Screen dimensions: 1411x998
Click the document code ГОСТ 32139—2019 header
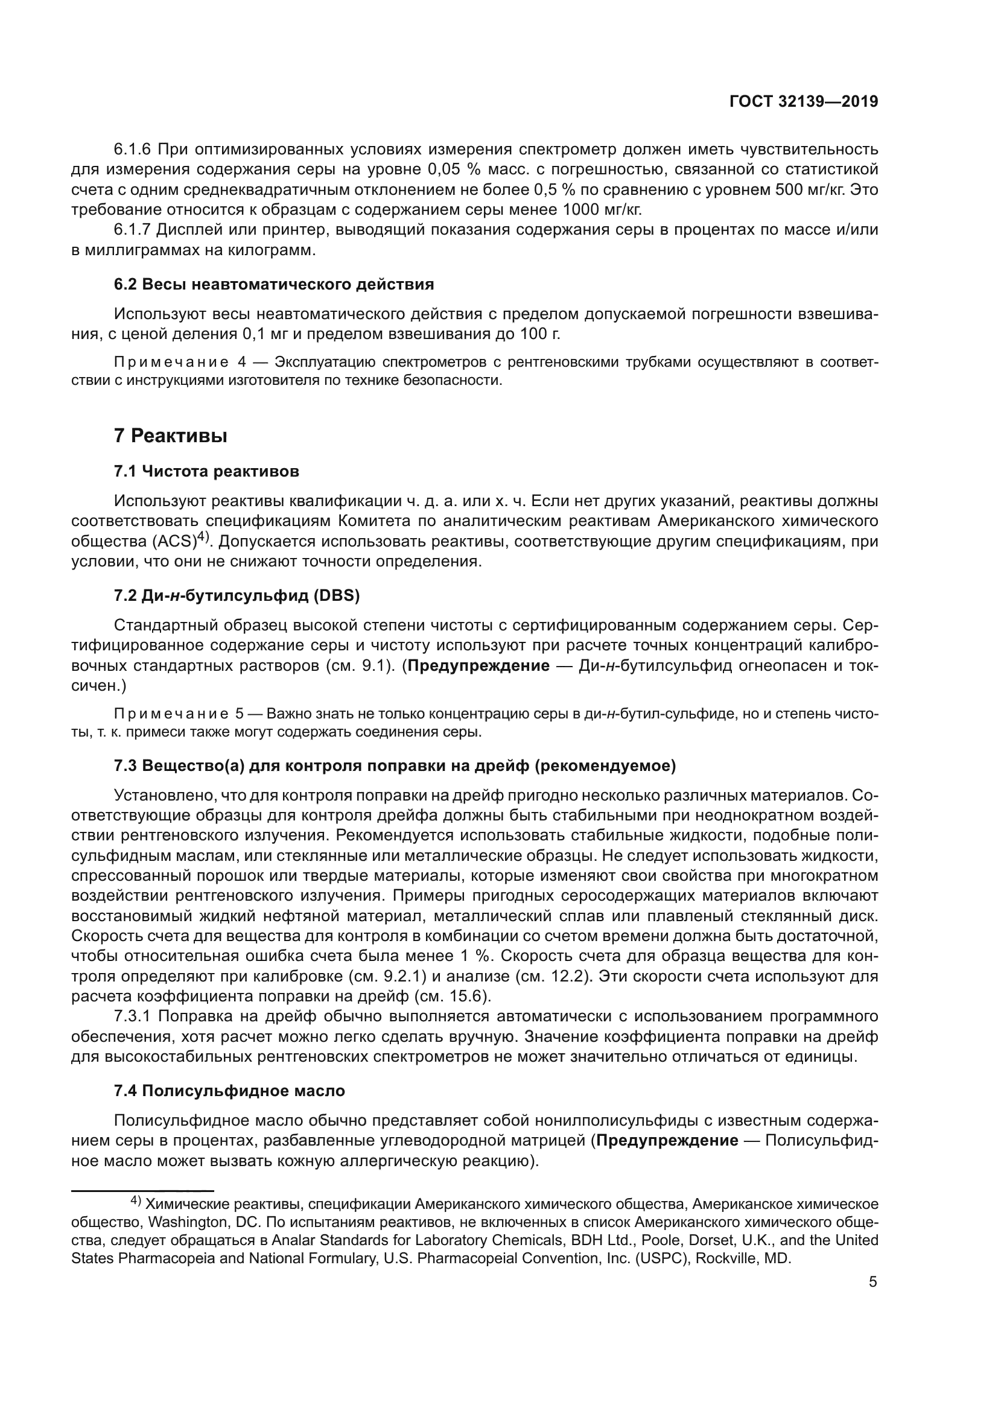803,102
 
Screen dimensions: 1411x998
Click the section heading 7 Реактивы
171,436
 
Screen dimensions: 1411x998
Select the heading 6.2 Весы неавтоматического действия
274,285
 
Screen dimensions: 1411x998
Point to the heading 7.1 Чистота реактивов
206,471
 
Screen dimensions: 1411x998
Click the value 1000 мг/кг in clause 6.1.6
602,209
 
